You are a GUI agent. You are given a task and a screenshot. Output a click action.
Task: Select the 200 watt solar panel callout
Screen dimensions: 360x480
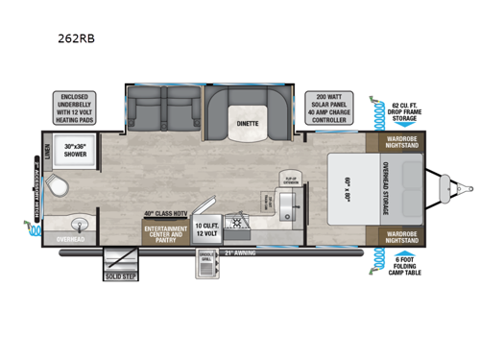[324, 108]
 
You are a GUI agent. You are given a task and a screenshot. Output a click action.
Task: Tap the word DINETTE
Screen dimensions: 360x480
[249, 123]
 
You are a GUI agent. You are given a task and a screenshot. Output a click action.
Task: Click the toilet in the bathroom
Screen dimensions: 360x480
[60, 184]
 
